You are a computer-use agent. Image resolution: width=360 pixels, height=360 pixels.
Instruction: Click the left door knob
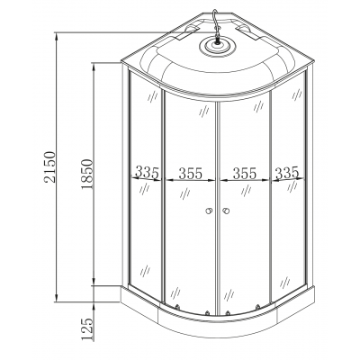point(207,211)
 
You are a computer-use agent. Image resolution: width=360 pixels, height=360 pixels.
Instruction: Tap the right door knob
point(225,211)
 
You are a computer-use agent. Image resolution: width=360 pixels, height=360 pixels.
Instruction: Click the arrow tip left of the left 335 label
point(132,178)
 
